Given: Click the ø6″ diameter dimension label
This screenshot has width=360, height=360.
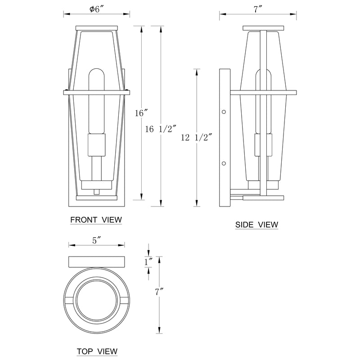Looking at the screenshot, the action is pyautogui.click(x=97, y=9).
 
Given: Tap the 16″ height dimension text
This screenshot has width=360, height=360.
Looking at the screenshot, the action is pyautogui.click(x=141, y=113).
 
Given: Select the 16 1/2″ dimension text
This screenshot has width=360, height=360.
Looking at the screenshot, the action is pyautogui.click(x=161, y=129).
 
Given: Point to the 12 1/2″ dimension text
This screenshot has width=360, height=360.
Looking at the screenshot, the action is pyautogui.click(x=196, y=138).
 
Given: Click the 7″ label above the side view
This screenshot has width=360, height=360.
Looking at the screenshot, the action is pyautogui.click(x=258, y=9).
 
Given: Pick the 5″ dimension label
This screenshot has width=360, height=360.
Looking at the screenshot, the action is pyautogui.click(x=97, y=240).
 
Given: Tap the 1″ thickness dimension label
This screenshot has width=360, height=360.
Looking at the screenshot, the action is pyautogui.click(x=148, y=262).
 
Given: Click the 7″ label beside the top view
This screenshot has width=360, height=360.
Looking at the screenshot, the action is pyautogui.click(x=159, y=292).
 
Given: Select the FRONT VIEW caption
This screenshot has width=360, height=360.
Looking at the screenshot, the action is pyautogui.click(x=96, y=220).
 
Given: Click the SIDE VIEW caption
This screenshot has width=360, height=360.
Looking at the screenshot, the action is pyautogui.click(x=256, y=224).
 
